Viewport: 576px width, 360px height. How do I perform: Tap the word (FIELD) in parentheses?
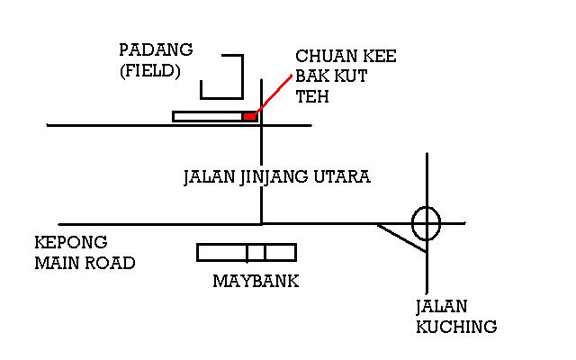[x=149, y=70]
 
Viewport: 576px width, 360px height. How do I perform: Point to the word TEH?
[x=311, y=96]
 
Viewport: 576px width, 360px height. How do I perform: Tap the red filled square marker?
[x=249, y=116]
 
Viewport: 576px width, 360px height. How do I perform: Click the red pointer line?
[x=275, y=94]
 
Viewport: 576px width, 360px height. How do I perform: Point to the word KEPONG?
[x=70, y=243]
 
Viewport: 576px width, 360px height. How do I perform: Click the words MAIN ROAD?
[x=85, y=263]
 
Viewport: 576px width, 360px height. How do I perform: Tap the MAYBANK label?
[x=256, y=282]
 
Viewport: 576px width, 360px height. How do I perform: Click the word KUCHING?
[x=456, y=327]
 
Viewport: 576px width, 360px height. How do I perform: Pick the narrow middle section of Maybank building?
[x=256, y=252]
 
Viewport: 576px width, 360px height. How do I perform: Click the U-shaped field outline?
[x=222, y=77]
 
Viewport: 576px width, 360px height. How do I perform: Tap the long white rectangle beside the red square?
[x=207, y=116]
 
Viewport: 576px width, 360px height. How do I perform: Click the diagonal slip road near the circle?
[x=401, y=238]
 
